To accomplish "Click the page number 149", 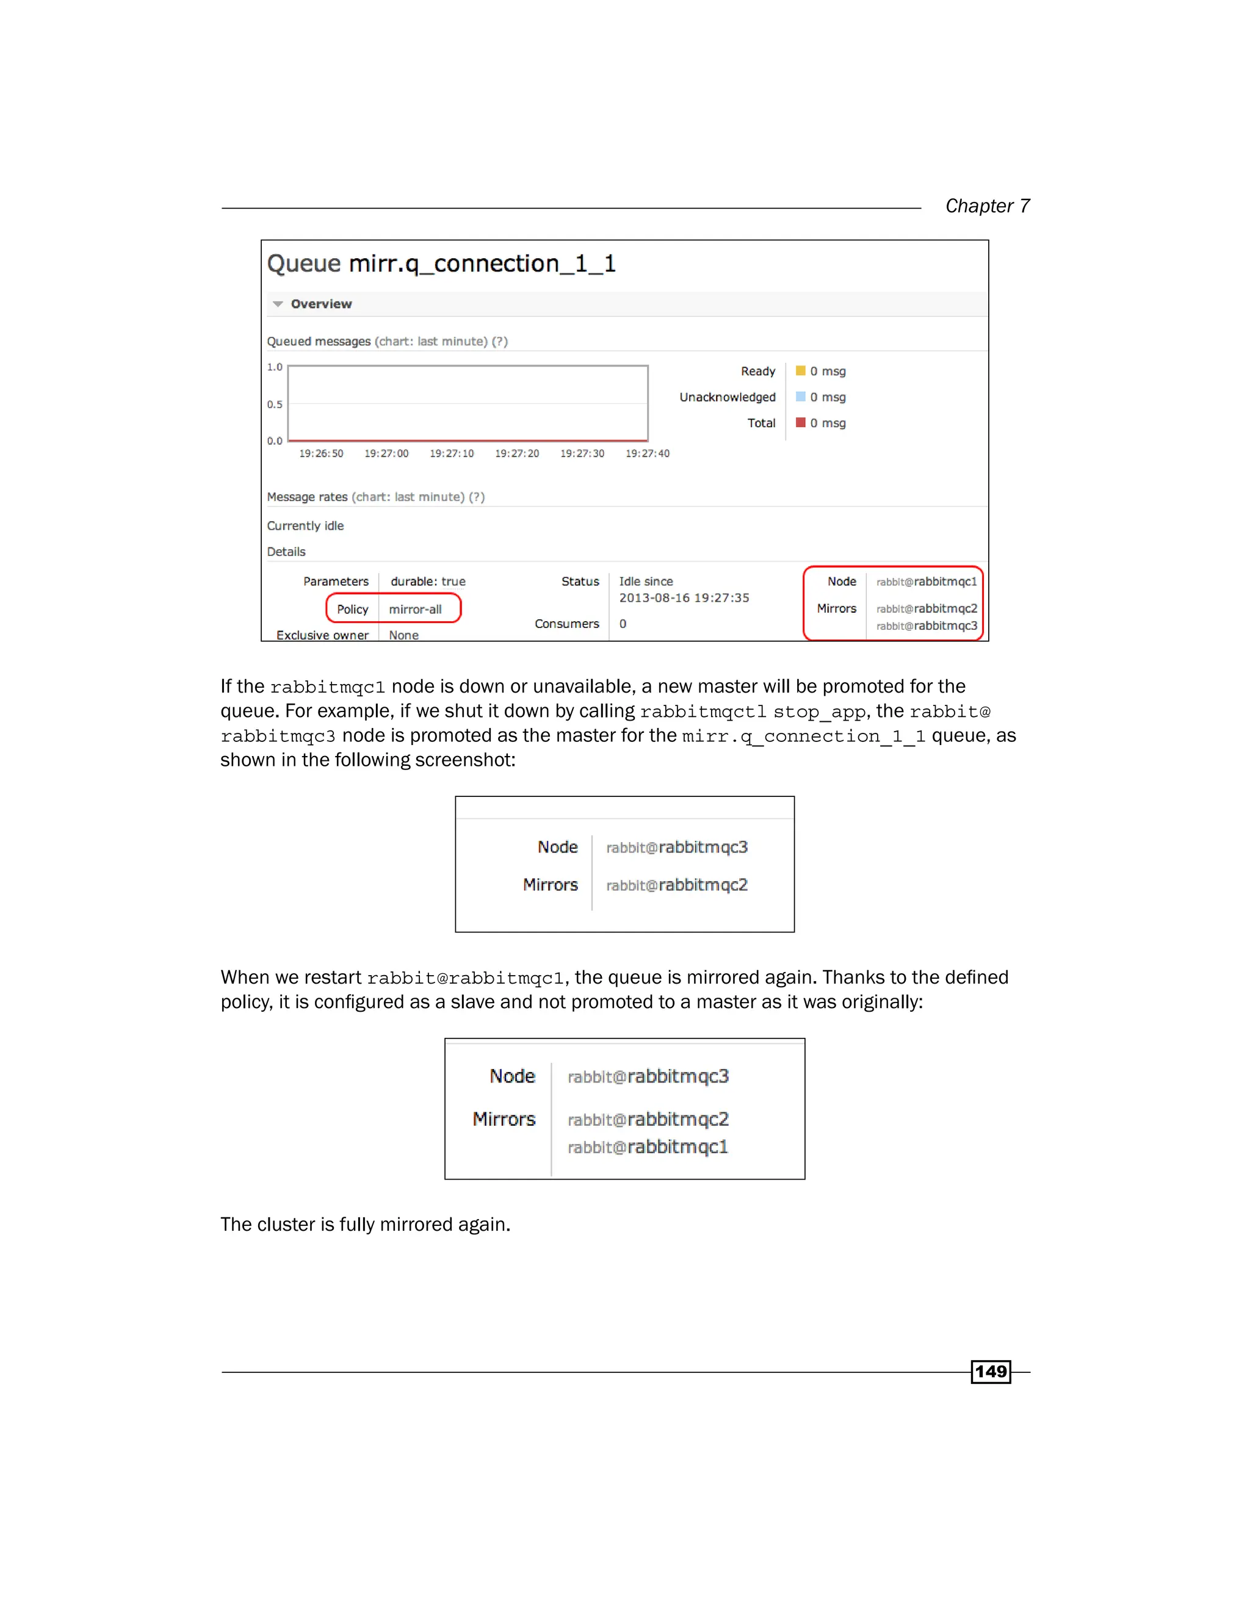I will click(990, 1371).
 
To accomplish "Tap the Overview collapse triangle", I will click(278, 304).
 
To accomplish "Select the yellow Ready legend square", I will click(801, 371).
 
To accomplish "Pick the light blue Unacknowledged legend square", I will click(801, 397).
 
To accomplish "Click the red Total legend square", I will click(801, 423).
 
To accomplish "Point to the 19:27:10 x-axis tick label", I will click(452, 454).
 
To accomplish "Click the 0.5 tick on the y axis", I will click(275, 404).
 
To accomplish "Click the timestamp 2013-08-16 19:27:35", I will click(684, 598).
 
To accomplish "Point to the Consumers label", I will click(566, 624).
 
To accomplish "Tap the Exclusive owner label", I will click(322, 635).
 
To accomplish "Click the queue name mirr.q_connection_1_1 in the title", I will click(482, 264).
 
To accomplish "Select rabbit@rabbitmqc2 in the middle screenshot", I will click(677, 885).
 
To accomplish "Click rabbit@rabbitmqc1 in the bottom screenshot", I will click(648, 1147).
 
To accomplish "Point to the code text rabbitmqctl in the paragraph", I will click(703, 712).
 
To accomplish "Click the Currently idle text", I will click(305, 525).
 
